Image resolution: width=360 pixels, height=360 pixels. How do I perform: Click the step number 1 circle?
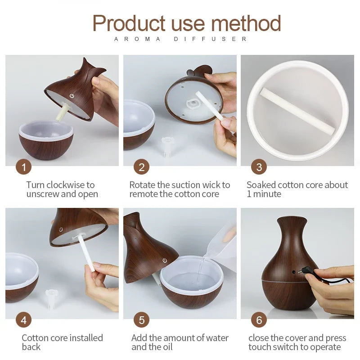click(x=23, y=167)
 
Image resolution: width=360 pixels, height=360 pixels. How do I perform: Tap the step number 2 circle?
click(x=141, y=167)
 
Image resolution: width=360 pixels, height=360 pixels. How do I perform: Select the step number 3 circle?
click(x=259, y=167)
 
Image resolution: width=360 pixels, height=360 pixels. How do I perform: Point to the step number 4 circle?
click(x=23, y=320)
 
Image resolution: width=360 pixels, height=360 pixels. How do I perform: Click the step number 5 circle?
click(x=141, y=320)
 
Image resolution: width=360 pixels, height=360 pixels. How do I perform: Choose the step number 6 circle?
click(x=259, y=320)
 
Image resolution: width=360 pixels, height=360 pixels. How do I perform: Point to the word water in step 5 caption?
click(x=216, y=338)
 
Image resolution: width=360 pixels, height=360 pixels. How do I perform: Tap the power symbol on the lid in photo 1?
click(x=71, y=96)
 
